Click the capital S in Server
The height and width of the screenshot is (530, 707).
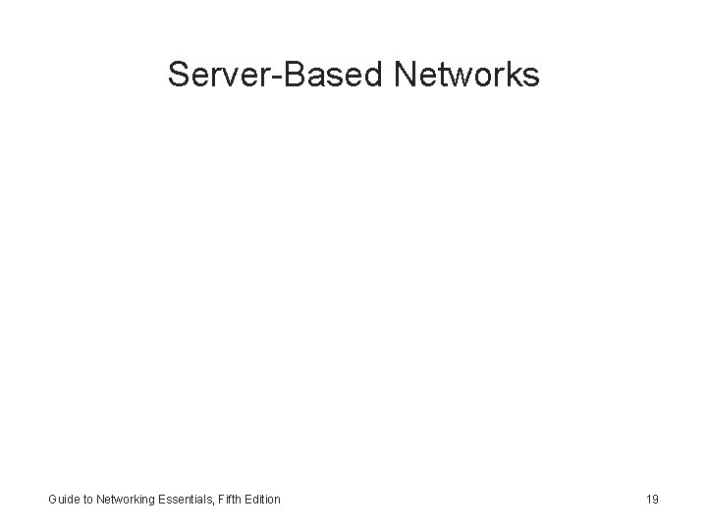pyautogui.click(x=179, y=74)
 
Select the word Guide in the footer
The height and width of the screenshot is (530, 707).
pyautogui.click(x=64, y=500)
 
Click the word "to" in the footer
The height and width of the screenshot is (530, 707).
pyautogui.click(x=88, y=500)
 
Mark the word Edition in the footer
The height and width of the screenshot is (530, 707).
pyautogui.click(x=262, y=500)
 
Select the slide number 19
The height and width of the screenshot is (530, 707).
pyautogui.click(x=652, y=500)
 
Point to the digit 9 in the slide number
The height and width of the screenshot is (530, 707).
pyautogui.click(x=656, y=500)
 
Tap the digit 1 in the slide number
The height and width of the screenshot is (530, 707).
pyautogui.click(x=648, y=500)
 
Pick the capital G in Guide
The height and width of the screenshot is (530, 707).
pyautogui.click(x=53, y=500)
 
